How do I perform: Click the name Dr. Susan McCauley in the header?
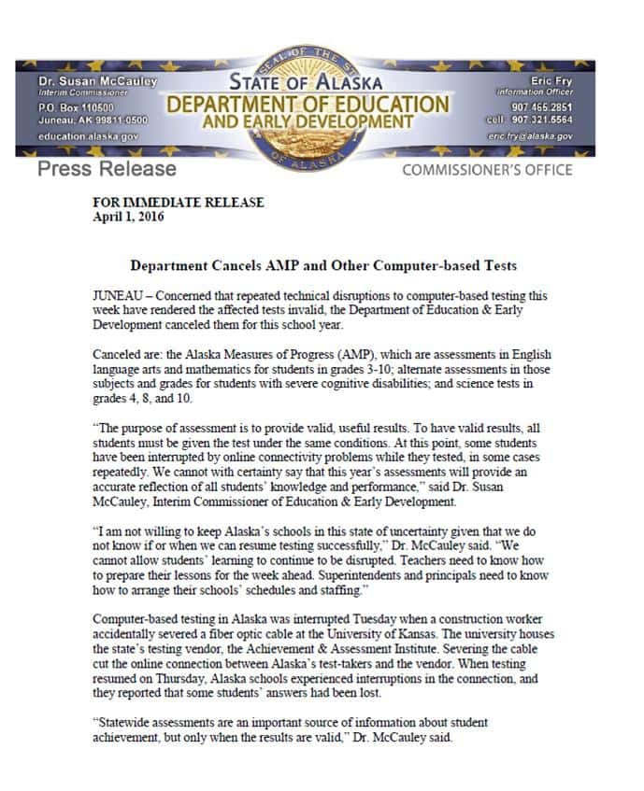pyautogui.click(x=93, y=82)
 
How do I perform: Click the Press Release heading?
pyautogui.click(x=107, y=169)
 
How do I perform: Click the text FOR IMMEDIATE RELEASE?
pyautogui.click(x=179, y=203)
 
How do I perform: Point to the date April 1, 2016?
pyautogui.click(x=127, y=216)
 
